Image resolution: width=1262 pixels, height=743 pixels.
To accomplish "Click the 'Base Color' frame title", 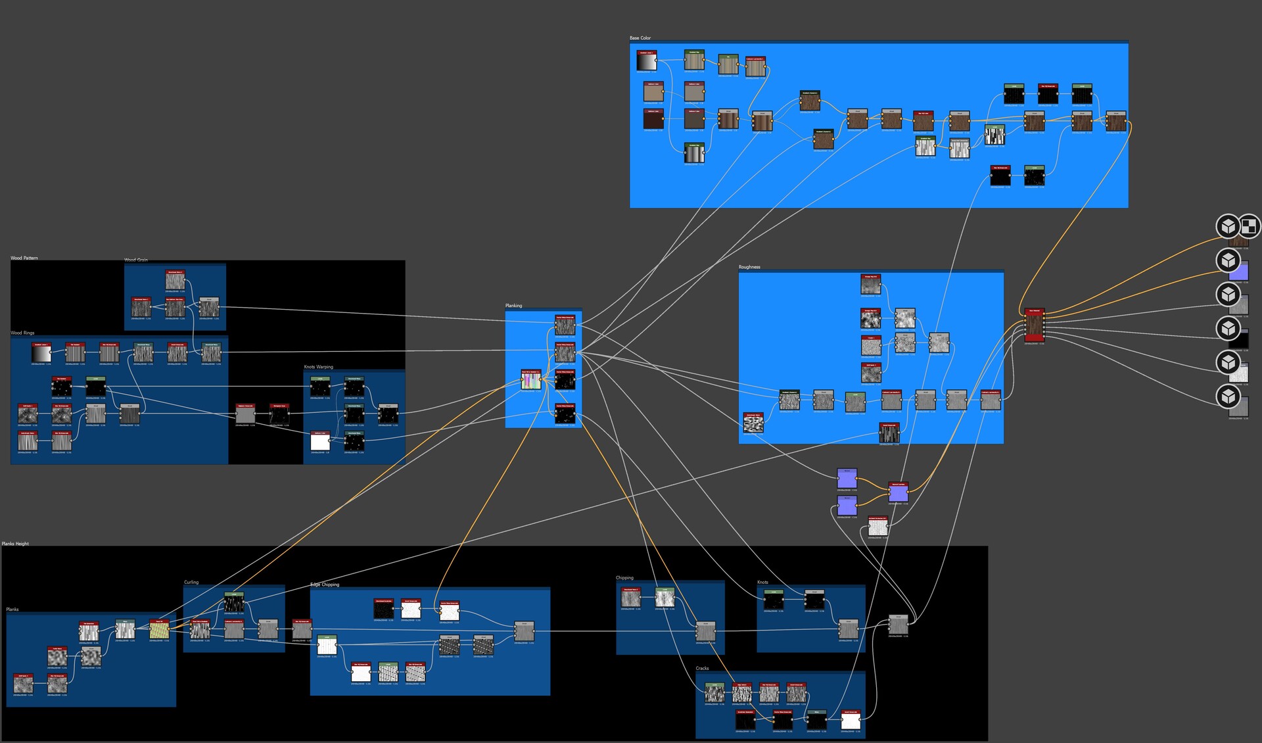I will pos(640,38).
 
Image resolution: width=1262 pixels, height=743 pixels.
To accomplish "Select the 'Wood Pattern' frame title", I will pos(24,258).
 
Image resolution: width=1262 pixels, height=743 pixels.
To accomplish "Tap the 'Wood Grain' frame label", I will pos(136,260).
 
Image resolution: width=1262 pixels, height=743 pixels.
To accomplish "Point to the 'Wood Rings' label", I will pos(22,333).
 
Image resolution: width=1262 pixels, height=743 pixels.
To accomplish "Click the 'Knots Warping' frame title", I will pos(318,367).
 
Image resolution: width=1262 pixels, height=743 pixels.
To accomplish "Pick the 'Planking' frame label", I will pos(513,306).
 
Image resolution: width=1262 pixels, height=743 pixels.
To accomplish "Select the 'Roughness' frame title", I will pos(749,267).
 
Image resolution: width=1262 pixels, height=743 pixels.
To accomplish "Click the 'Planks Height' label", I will pos(15,544).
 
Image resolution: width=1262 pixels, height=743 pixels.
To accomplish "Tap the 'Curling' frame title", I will pos(191,582).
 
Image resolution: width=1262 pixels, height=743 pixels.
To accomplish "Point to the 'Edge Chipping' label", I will pos(325,585).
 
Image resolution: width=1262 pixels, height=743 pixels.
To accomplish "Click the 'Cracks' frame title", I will pos(702,668).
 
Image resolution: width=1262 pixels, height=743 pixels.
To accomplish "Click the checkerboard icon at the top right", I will pos(1249,227).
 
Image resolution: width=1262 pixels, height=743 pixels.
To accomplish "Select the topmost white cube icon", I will pos(1227,226).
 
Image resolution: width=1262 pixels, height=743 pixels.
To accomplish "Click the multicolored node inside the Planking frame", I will pos(531,380).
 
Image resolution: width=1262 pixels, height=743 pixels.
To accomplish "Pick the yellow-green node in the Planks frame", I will pos(159,630).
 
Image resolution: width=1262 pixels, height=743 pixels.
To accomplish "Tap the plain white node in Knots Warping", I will pos(320,442).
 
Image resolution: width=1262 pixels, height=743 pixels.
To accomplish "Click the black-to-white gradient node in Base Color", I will pos(647,62).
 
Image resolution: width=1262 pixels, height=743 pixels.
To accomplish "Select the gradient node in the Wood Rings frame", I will pos(41,354).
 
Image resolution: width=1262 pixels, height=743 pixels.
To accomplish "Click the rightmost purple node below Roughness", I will pos(898,492).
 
